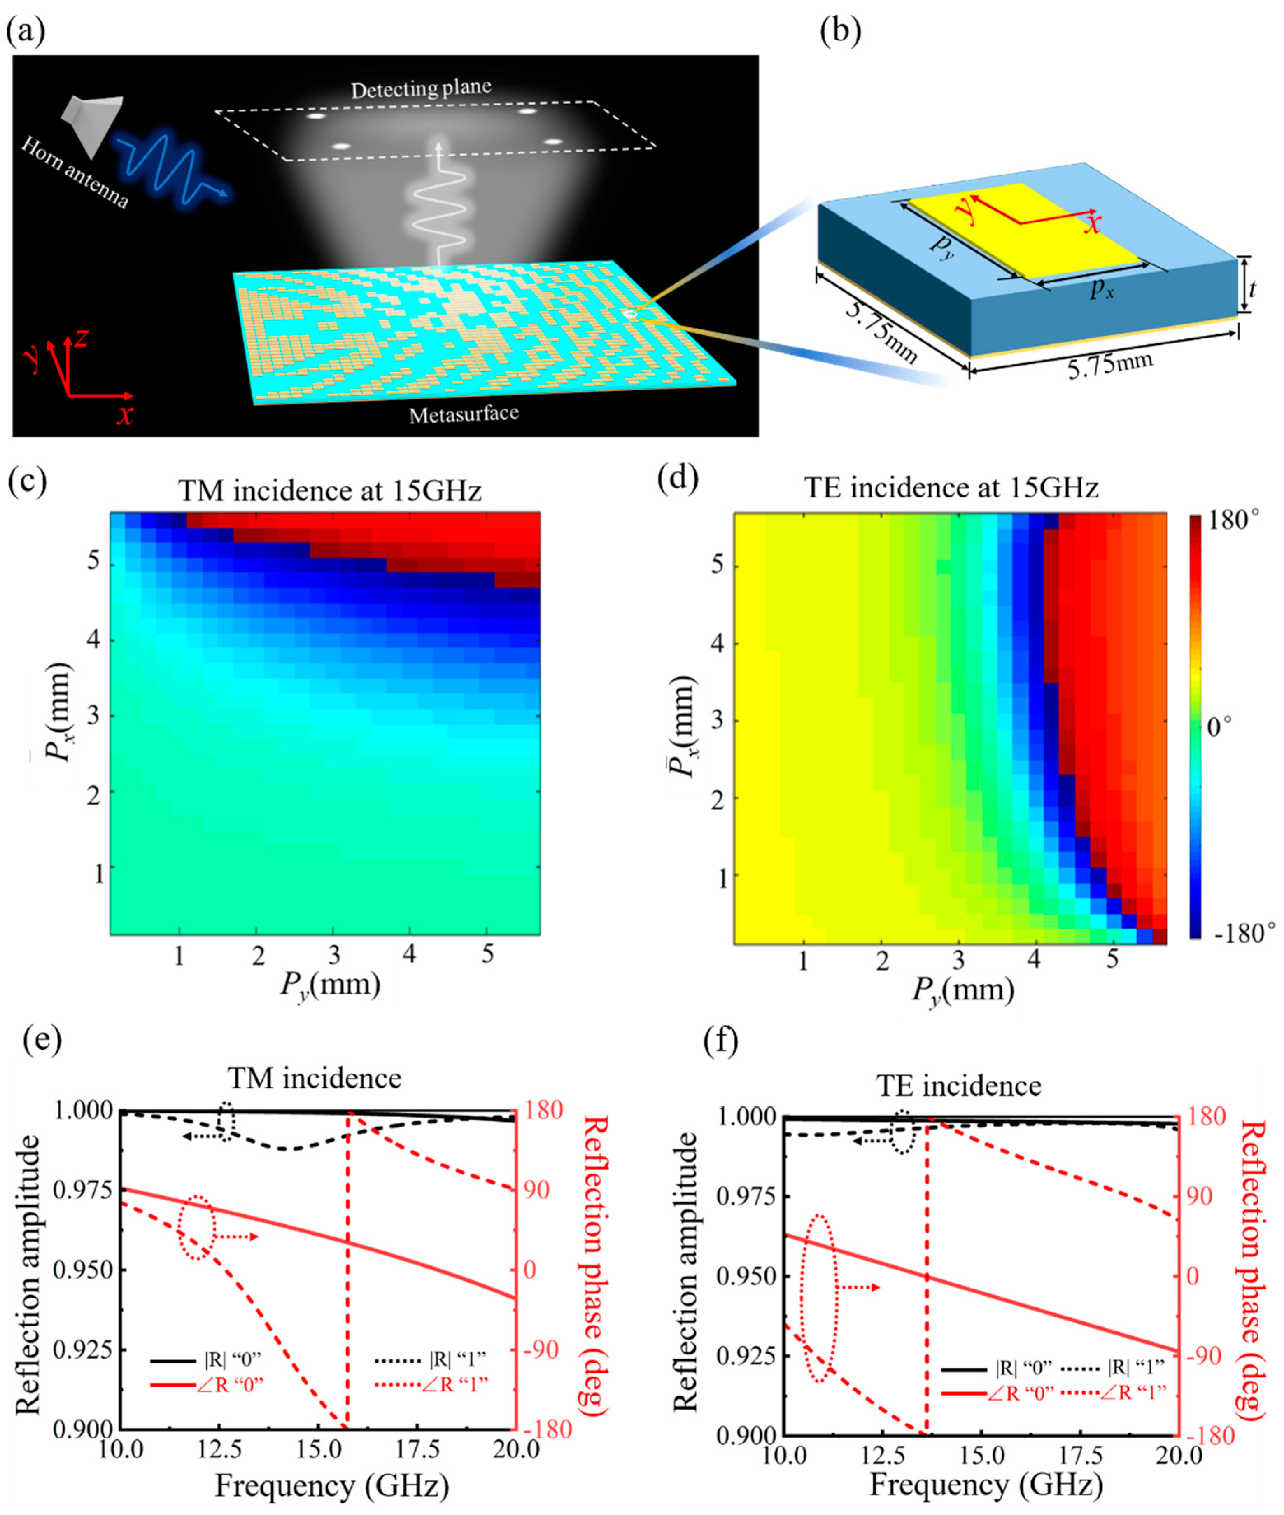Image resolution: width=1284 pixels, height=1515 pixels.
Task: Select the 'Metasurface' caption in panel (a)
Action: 464,414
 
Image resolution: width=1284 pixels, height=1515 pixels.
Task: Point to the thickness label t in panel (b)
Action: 1253,290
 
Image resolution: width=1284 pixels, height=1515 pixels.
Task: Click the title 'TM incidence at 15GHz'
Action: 330,491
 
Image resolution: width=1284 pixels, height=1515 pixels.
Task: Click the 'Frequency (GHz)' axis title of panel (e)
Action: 331,1485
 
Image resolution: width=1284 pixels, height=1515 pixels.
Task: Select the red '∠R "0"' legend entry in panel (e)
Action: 207,1383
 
